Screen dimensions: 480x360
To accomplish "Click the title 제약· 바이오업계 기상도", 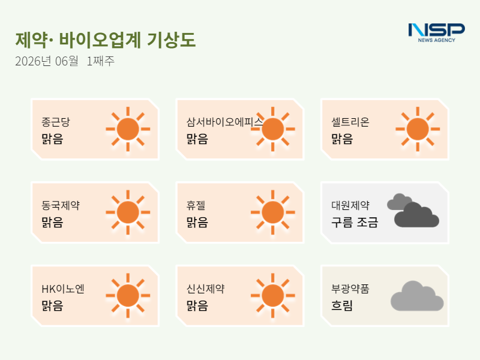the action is [106, 40].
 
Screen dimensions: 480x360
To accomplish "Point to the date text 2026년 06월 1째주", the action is [65, 61].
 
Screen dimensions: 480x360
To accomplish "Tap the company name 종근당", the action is [56, 122].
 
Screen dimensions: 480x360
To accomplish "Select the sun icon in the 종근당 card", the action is [128, 129].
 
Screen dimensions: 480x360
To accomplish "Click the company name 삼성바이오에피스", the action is [224, 122].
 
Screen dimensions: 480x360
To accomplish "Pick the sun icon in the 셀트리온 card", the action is [418, 129].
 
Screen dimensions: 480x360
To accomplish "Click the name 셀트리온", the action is [350, 122].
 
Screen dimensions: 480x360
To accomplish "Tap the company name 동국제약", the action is [61, 205].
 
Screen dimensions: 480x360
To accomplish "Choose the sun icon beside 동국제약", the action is [128, 212].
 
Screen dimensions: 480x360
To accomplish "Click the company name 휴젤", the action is [196, 205].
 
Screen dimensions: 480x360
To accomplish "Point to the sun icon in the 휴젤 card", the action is [273, 212].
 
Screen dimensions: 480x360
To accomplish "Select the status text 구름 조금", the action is [355, 222].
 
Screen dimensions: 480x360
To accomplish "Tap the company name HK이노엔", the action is [63, 289].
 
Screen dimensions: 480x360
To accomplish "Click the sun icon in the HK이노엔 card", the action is [128, 296].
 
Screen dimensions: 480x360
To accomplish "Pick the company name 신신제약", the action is [205, 289].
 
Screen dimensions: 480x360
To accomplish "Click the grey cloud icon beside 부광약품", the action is [417, 296].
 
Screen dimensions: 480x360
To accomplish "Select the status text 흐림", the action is [342, 305].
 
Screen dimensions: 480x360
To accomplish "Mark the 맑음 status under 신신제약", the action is [197, 305].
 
